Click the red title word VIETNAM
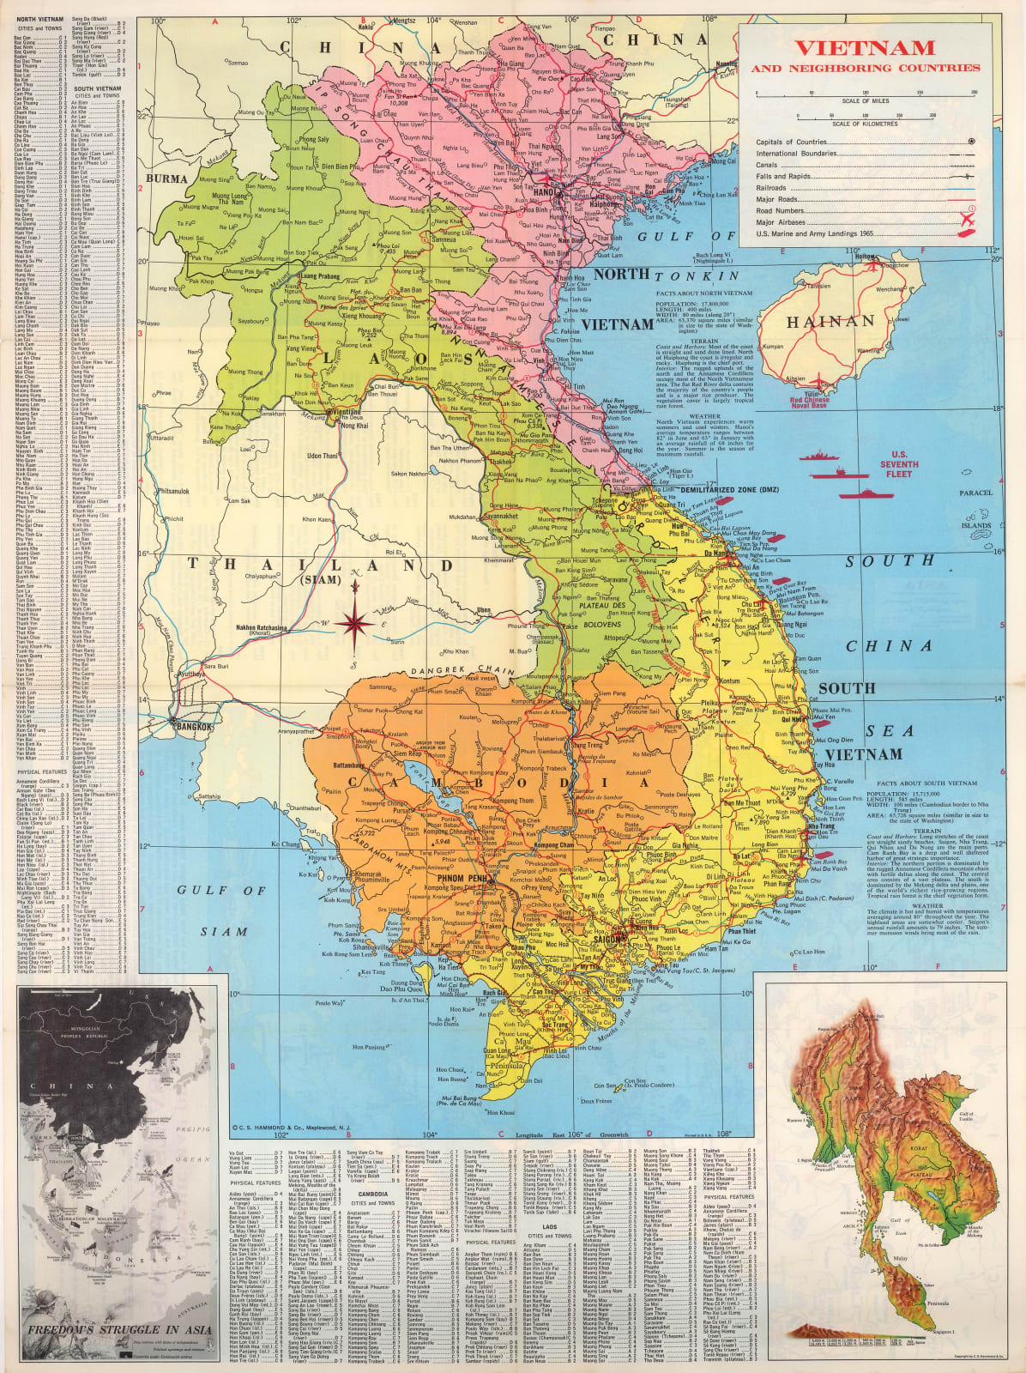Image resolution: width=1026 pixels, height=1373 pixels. click(x=863, y=47)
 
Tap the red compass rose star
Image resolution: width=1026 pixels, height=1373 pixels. click(x=353, y=623)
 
